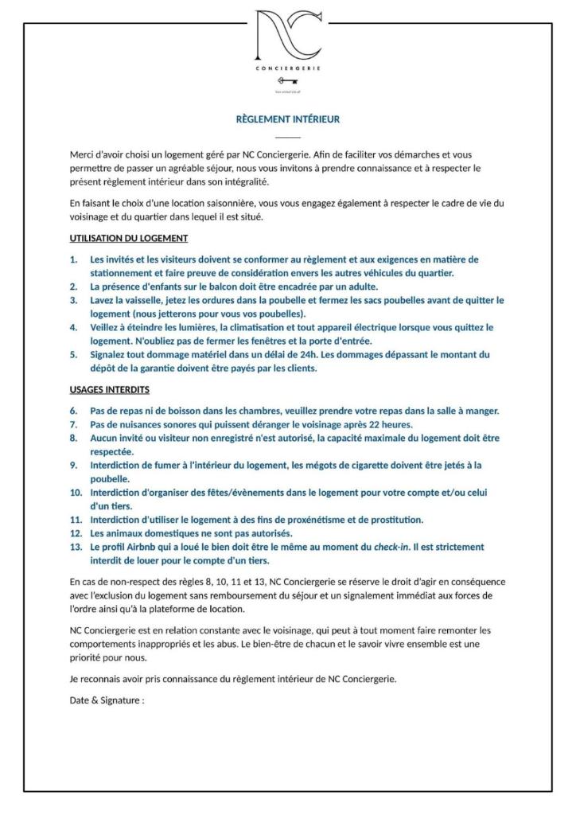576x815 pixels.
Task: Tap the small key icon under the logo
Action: pos(287,80)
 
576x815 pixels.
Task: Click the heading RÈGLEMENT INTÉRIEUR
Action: pos(288,119)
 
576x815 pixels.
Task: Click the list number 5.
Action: pos(73,355)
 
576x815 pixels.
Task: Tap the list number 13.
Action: pos(75,547)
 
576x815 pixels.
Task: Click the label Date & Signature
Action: pos(107,701)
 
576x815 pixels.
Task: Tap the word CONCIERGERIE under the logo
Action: pos(287,68)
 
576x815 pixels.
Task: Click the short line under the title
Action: pos(288,137)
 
